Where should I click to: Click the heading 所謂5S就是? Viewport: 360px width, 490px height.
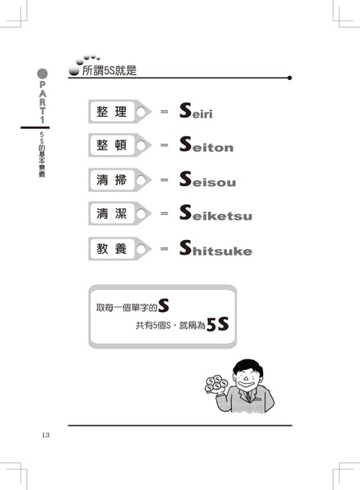[x=109, y=70]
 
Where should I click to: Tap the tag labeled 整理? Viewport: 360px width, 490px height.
[x=120, y=112]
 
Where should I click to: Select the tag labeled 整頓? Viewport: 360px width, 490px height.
[x=120, y=145]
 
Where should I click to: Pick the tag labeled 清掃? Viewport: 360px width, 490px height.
[x=120, y=180]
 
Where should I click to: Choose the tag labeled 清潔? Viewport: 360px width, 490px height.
[x=120, y=213]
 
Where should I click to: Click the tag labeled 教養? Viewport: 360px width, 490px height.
[x=120, y=249]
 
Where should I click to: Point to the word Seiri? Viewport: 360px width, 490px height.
[x=196, y=111]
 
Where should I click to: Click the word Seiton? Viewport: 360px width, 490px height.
[x=207, y=145]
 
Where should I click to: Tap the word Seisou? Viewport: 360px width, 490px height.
[x=207, y=179]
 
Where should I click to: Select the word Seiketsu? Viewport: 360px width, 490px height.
[x=216, y=213]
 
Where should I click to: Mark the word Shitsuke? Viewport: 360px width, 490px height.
[x=216, y=248]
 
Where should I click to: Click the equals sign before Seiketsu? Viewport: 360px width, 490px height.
[x=164, y=214]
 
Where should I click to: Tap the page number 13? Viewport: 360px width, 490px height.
[x=46, y=435]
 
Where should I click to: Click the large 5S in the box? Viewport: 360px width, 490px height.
[x=217, y=324]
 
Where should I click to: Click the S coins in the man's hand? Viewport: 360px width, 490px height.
[x=216, y=384]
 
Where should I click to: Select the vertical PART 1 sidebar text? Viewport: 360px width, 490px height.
[x=42, y=102]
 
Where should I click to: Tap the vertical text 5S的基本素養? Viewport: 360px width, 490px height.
[x=42, y=154]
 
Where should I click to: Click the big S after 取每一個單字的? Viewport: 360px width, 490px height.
[x=163, y=305]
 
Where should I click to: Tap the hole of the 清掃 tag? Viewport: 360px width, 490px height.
[x=141, y=180]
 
